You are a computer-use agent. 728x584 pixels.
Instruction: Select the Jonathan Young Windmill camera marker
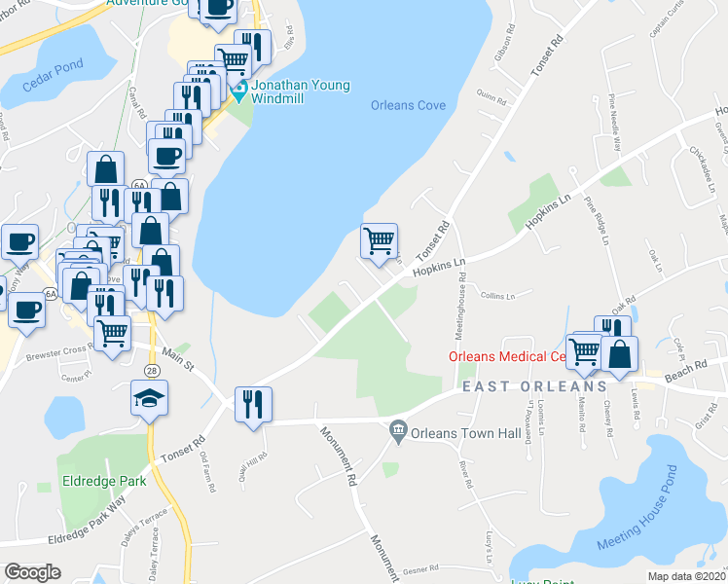237,94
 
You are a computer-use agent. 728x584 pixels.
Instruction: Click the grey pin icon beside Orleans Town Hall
397,430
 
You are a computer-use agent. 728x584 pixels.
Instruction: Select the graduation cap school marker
149,399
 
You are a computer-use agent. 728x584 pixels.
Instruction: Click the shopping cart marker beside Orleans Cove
380,239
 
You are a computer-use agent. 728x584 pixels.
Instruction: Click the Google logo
31,572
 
